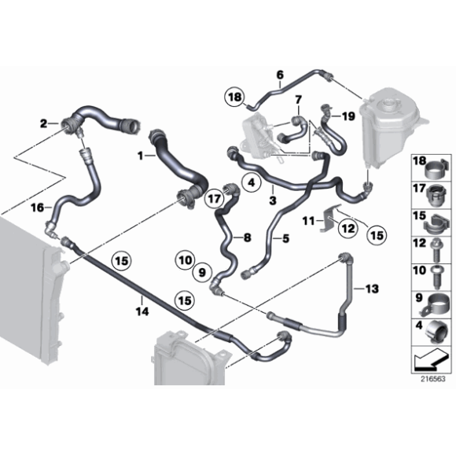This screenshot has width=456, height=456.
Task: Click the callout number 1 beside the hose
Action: [x=142, y=156]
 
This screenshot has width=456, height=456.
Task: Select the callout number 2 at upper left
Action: [x=43, y=123]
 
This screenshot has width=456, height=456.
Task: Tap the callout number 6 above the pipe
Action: [x=278, y=75]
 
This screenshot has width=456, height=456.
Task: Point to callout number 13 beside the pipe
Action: [x=371, y=289]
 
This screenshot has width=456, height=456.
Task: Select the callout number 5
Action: [x=285, y=238]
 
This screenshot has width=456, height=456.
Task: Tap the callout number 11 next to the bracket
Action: [x=309, y=219]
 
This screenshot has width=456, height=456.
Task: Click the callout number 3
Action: [x=272, y=200]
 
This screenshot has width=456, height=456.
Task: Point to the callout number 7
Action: [x=297, y=99]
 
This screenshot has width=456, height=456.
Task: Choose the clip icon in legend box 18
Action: [x=432, y=166]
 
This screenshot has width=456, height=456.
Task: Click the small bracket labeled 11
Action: [x=332, y=220]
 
